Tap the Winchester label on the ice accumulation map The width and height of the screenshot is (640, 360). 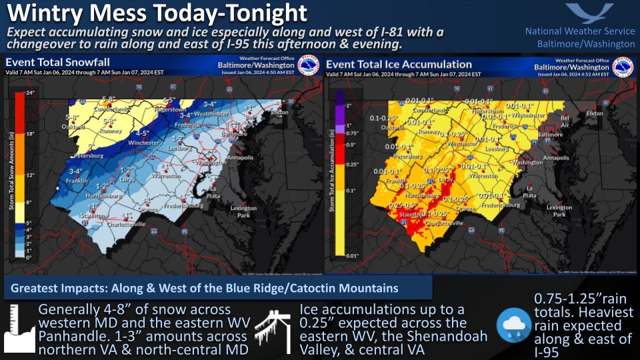[x=461, y=143]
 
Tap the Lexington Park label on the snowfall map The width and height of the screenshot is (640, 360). [x=243, y=211]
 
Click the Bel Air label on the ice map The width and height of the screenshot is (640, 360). [x=565, y=119]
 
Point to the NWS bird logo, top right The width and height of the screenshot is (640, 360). [x=590, y=13]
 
